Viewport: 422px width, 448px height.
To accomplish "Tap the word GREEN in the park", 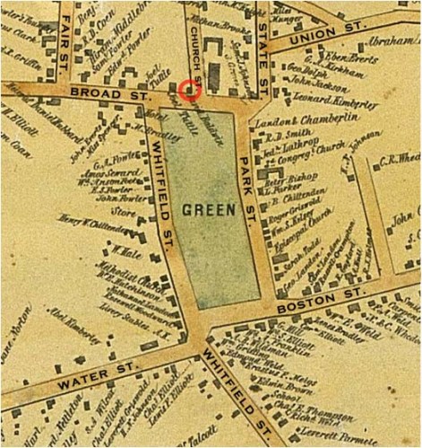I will [209, 210].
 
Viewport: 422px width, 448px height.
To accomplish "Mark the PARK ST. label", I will [248, 188].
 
